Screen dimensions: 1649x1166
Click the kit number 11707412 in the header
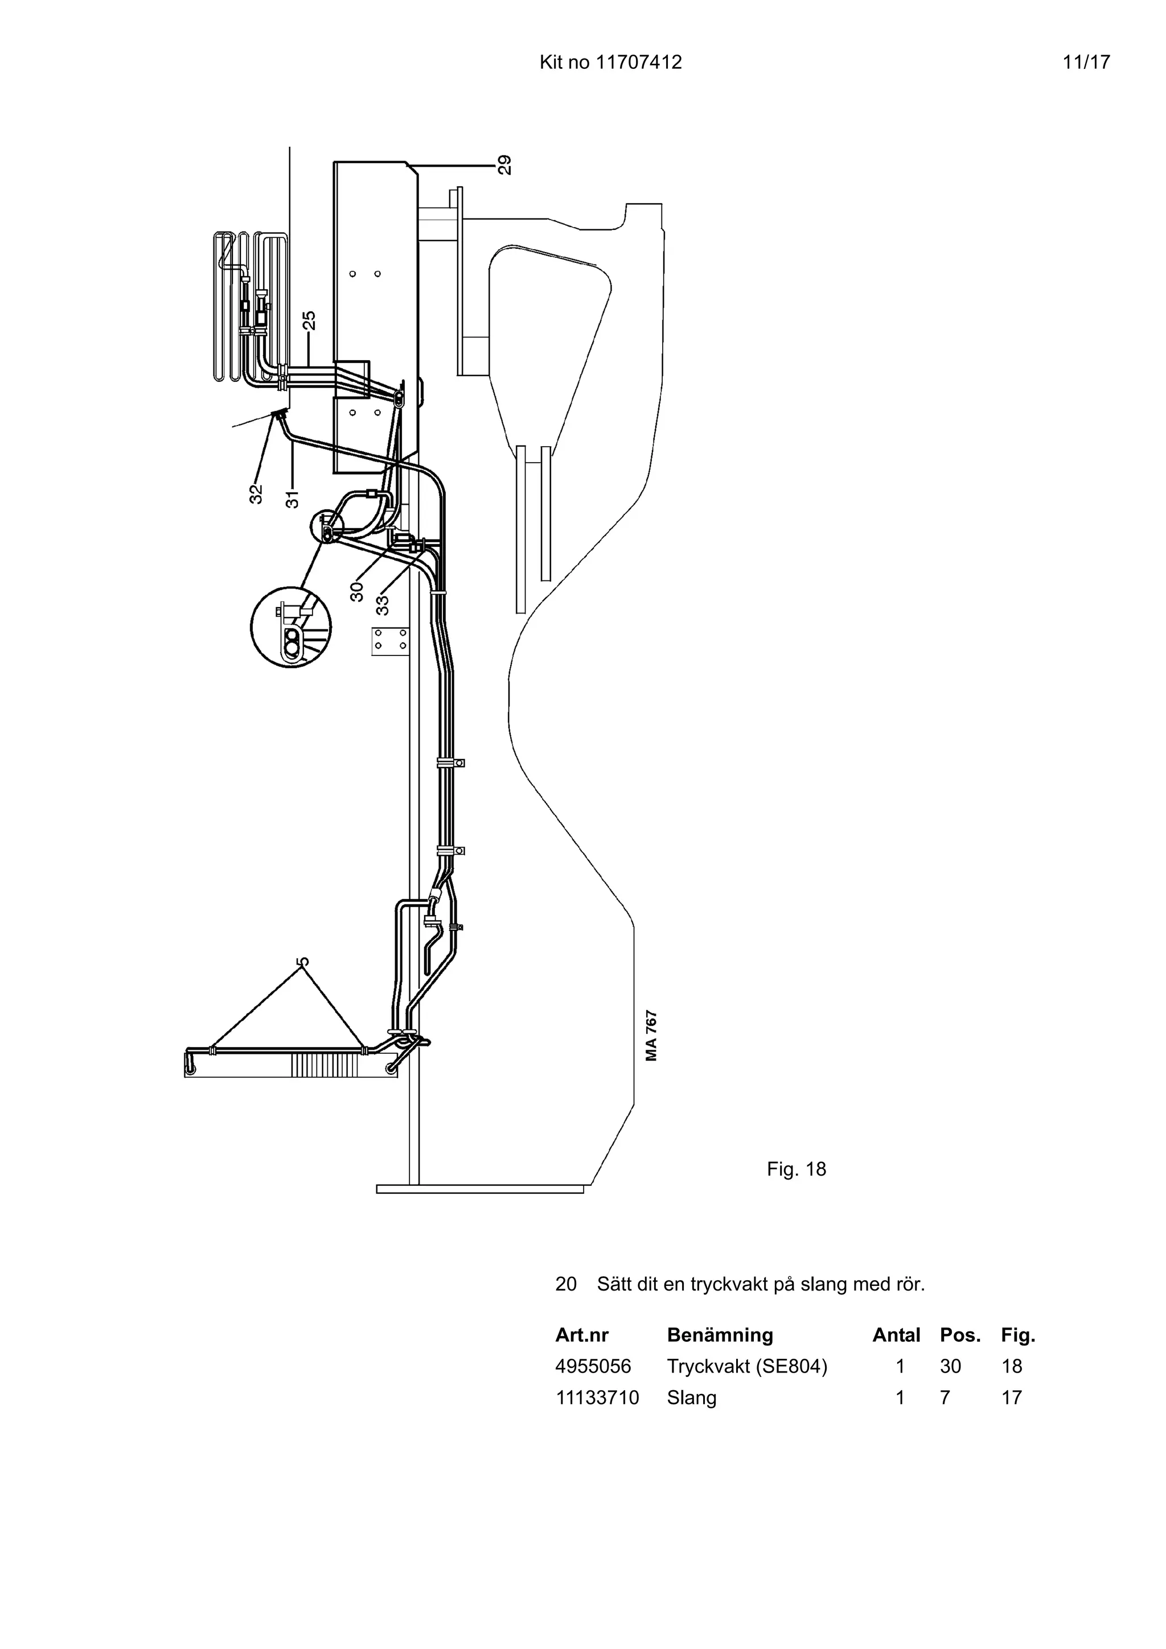tap(639, 63)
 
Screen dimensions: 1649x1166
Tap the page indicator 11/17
tap(1086, 63)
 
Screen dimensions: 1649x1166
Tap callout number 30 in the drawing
tap(357, 591)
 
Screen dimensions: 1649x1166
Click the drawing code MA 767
tap(651, 1036)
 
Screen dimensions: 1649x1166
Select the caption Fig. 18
tap(796, 1169)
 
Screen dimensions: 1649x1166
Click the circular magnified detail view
tap(290, 626)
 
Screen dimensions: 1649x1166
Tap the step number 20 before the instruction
tap(565, 1284)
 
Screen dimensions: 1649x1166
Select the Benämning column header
tap(720, 1335)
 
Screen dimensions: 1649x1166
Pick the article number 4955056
tap(593, 1366)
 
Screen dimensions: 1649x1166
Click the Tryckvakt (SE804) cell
tap(746, 1366)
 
